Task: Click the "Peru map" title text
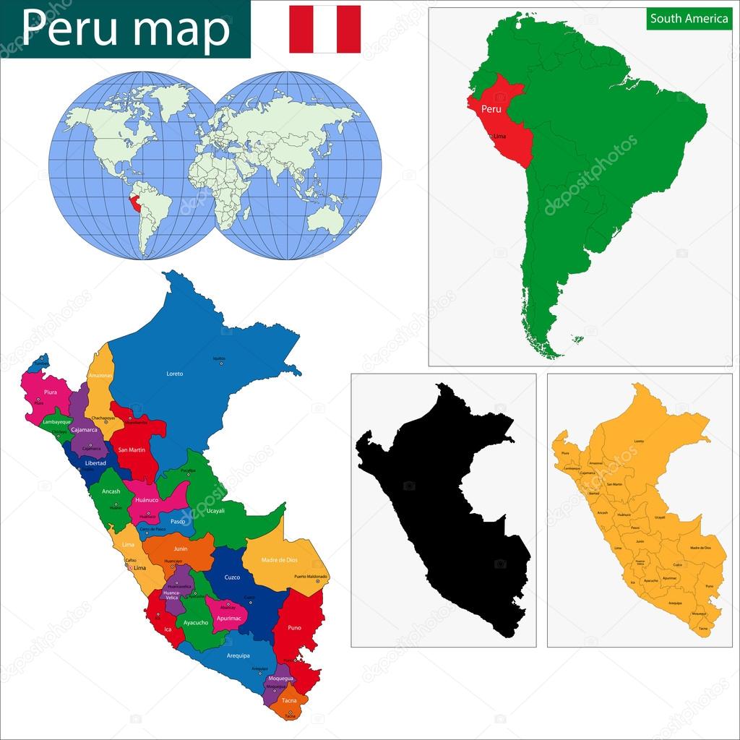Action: click(126, 28)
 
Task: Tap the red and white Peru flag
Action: click(324, 29)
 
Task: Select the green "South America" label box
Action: click(689, 19)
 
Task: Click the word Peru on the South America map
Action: click(491, 109)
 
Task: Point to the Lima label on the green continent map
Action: click(499, 136)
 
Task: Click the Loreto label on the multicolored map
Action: click(174, 374)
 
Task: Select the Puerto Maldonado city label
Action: click(311, 576)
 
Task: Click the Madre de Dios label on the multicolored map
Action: click(280, 561)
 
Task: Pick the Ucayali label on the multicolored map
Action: click(216, 510)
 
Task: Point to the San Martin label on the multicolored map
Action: click(132, 449)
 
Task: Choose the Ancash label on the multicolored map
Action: click(111, 491)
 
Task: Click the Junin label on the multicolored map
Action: click(181, 548)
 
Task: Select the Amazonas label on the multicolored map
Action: click(100, 376)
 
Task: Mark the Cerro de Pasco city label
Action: click(152, 530)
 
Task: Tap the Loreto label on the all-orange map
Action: click(639, 441)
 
